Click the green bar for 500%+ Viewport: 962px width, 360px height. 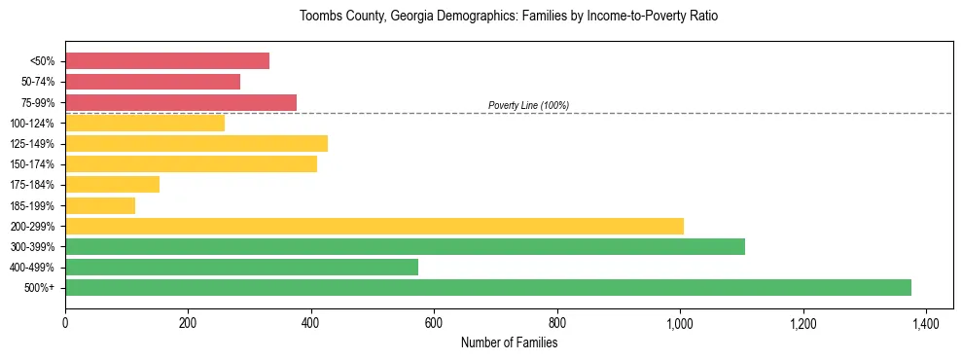coord(487,287)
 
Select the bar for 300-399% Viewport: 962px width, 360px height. coord(405,246)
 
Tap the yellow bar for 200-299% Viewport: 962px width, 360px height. coord(374,226)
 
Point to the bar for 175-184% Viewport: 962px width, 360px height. coord(112,185)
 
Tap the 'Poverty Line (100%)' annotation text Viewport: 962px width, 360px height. coord(528,105)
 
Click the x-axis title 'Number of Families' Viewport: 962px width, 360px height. coord(509,342)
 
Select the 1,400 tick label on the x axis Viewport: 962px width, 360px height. coord(926,322)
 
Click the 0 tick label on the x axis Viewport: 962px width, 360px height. coord(65,322)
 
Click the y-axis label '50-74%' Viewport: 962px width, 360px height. coord(38,83)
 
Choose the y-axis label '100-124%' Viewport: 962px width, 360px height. coord(32,124)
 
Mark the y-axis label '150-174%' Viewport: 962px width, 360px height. coord(32,164)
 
